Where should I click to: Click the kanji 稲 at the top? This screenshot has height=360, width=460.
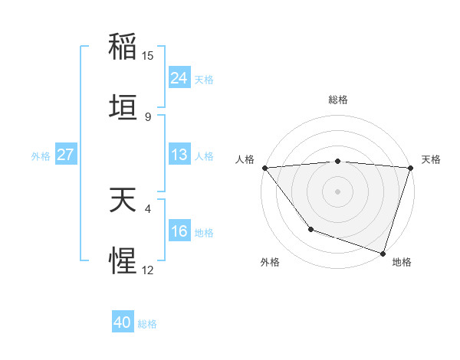[x=123, y=46]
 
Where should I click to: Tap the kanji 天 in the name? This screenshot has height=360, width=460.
[x=123, y=201]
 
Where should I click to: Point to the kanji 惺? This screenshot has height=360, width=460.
[x=123, y=262]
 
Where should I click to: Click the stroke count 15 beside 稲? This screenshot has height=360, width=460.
[x=148, y=56]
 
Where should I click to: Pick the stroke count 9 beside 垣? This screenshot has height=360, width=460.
[x=148, y=117]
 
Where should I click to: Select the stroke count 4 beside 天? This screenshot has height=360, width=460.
[x=148, y=207]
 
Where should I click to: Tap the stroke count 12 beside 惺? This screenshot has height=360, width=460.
[x=148, y=270]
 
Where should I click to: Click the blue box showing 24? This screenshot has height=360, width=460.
[x=179, y=78]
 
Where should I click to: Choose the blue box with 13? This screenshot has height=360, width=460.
[x=179, y=155]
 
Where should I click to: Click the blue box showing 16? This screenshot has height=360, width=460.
[x=179, y=231]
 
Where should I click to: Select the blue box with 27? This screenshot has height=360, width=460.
[x=66, y=155]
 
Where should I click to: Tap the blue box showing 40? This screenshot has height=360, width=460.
[x=123, y=322]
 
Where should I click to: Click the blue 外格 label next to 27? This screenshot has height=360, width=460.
[x=41, y=155]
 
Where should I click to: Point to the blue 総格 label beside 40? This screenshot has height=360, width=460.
[x=147, y=324]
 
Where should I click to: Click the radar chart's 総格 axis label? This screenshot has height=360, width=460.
[x=337, y=100]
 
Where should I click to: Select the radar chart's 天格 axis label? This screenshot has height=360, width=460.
[x=431, y=159]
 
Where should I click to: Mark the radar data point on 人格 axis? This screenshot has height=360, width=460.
[x=264, y=168]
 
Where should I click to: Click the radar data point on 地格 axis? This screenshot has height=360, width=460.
[x=383, y=253]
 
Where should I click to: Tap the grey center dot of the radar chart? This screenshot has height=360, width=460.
[x=337, y=191]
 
